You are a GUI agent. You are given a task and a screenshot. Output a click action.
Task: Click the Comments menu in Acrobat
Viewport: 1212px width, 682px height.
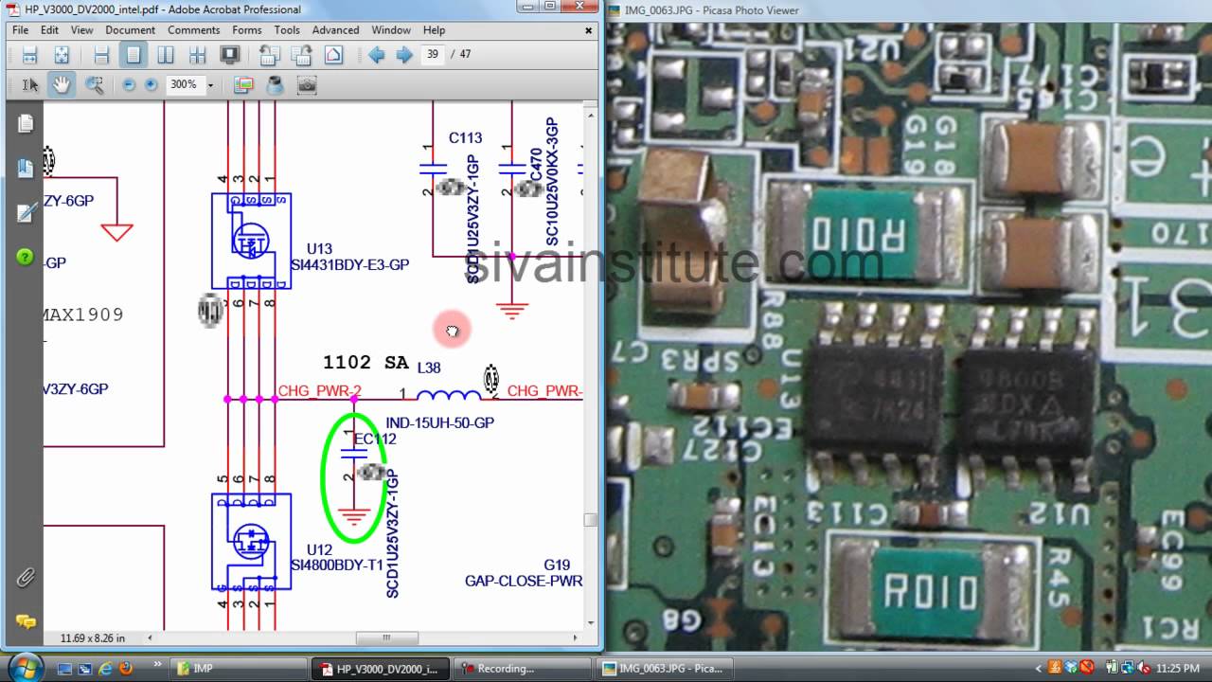tap(193, 30)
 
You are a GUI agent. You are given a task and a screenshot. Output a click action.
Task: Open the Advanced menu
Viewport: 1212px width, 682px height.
tap(335, 30)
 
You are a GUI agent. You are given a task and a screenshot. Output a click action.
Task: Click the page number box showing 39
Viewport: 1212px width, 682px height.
tap(433, 54)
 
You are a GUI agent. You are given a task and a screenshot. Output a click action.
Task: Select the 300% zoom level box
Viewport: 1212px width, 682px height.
tap(183, 84)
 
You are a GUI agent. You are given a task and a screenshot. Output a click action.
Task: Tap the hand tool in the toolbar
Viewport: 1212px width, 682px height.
tap(62, 84)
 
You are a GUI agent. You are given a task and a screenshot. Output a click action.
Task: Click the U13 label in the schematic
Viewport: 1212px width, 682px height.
tap(319, 249)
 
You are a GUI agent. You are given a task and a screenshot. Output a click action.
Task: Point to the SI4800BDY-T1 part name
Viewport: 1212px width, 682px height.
tap(337, 565)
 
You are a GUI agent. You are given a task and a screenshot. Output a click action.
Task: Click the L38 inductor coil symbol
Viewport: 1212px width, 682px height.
tap(448, 395)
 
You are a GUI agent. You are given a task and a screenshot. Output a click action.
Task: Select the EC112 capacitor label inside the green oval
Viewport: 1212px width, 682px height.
tap(376, 440)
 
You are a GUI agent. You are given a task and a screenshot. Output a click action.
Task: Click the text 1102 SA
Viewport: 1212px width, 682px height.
tap(365, 363)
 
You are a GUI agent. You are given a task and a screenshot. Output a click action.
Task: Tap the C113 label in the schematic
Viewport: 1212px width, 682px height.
tap(465, 138)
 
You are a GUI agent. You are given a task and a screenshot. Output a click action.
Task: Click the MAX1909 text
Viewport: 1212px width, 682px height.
tap(83, 314)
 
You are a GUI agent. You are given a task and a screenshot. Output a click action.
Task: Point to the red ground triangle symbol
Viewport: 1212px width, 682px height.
tap(116, 231)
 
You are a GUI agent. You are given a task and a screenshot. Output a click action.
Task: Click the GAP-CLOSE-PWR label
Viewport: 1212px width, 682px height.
tap(524, 581)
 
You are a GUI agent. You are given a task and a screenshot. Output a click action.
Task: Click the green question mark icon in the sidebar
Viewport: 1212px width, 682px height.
tap(25, 257)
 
